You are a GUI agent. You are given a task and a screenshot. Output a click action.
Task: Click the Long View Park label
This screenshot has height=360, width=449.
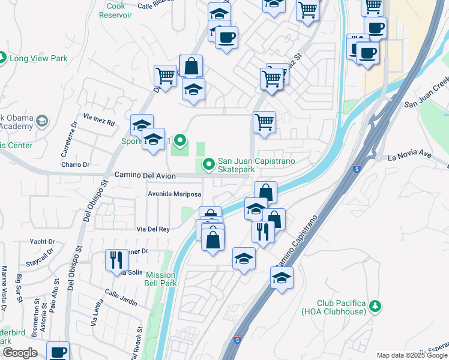pyautogui.click(x=38, y=58)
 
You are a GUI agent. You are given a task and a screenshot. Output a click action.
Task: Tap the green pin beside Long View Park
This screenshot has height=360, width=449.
pyautogui.click(x=2, y=58)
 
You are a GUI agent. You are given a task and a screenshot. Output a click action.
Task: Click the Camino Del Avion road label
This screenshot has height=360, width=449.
pyautogui.click(x=145, y=175)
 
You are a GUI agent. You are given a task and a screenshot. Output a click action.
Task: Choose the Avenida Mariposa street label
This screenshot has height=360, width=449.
pyautogui.click(x=175, y=194)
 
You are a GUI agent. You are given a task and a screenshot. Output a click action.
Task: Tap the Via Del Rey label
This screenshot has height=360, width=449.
pyautogui.click(x=153, y=229)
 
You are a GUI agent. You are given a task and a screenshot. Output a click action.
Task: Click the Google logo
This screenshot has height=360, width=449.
pyautogui.click(x=20, y=353)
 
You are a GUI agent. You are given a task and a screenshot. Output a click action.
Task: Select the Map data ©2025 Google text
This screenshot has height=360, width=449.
pyautogui.click(x=412, y=355)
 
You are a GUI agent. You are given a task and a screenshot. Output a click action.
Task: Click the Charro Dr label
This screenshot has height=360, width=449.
pyautogui.click(x=75, y=164)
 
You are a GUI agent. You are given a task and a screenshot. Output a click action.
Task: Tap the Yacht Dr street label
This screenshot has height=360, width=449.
pyautogui.click(x=42, y=242)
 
